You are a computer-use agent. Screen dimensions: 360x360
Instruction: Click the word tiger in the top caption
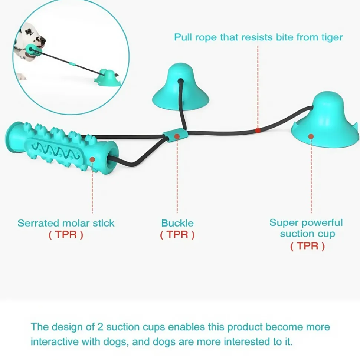pos(330,37)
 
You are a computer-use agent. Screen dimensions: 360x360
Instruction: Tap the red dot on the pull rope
pos(258,131)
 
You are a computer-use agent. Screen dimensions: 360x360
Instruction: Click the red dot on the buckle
pos(177,136)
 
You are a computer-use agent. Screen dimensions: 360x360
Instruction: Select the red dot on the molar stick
pos(92,159)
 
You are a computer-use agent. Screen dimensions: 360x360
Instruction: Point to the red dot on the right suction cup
pos(311,136)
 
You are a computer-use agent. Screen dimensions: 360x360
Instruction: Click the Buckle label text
pos(177,223)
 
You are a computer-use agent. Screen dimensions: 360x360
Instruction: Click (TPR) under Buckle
pos(177,235)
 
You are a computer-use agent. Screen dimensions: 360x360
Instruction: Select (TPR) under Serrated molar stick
pos(66,235)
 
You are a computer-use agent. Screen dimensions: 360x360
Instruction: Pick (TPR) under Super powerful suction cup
pos(307,246)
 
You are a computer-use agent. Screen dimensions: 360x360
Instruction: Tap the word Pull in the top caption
pos(183,37)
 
